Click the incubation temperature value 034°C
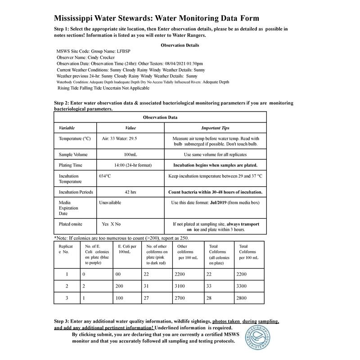(105, 176)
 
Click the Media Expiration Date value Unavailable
(110, 203)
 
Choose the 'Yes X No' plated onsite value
(112, 224)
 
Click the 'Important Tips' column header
(215, 128)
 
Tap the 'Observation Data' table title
(160, 117)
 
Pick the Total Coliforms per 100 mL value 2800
(243, 298)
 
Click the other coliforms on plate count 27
(146, 298)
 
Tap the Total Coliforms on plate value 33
(212, 286)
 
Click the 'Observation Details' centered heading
(180, 45)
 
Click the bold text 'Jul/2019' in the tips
(219, 203)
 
